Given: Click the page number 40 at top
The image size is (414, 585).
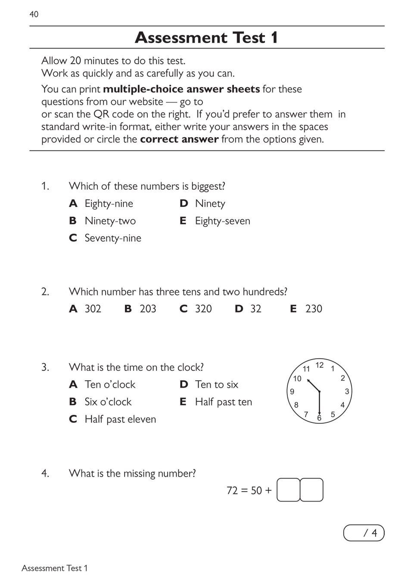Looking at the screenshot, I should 34,14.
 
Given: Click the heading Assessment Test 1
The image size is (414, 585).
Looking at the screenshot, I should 206,37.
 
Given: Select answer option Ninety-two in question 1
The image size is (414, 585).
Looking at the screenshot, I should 110,221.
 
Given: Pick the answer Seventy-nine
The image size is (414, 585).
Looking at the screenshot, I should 112,238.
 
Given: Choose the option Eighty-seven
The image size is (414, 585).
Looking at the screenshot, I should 222,221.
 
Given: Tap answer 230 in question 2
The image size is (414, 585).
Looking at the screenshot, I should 314,308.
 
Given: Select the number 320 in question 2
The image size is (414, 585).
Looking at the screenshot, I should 203,308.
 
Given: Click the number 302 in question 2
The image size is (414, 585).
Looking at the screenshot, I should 93,308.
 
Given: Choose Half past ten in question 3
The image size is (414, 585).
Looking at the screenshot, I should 223,402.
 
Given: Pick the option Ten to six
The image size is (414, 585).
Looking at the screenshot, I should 216,384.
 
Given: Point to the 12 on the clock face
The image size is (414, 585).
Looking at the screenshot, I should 319,365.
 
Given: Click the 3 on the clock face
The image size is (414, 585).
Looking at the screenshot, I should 347,391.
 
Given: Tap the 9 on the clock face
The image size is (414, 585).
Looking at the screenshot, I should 292,391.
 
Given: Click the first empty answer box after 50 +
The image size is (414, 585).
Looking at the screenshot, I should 288,490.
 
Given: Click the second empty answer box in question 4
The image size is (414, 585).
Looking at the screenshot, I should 311,490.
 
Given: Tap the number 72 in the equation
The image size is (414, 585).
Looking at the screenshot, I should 232,490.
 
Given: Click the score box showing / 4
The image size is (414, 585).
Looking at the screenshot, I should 364,533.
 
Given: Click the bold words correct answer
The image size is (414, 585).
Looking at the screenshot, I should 179,139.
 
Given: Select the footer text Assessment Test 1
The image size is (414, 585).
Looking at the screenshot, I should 55,568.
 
